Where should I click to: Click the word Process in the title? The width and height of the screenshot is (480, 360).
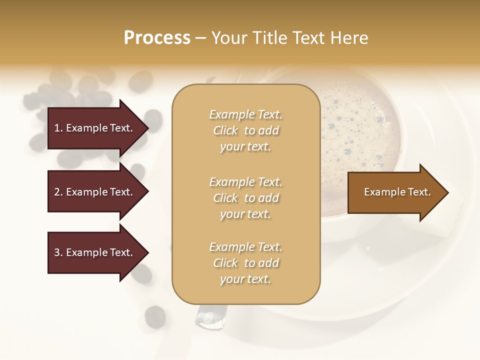point(157,38)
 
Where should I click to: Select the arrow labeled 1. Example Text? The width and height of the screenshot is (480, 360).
point(95,128)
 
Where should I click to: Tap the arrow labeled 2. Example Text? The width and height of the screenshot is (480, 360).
point(95,192)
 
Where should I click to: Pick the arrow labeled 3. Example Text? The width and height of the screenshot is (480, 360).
point(95,252)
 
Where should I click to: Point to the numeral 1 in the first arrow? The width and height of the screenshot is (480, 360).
point(57,128)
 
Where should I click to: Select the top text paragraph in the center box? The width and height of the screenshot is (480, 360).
point(245,130)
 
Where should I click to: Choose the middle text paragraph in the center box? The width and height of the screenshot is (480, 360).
point(245,198)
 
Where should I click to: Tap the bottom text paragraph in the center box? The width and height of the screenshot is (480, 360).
point(245,263)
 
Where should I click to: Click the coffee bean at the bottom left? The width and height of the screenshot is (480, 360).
point(155,316)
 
